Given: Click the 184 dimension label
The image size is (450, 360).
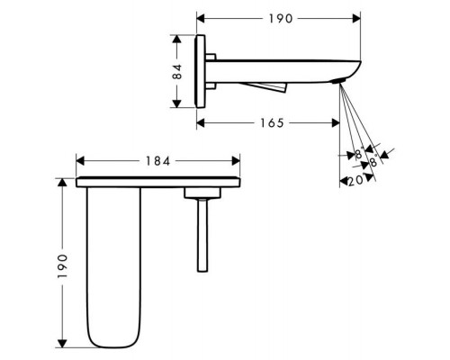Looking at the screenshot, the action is [x=157, y=161].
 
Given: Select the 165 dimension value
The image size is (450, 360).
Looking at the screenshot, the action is [x=272, y=123].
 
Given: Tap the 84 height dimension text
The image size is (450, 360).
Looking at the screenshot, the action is [x=177, y=72].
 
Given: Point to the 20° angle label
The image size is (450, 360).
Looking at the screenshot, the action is [x=356, y=181].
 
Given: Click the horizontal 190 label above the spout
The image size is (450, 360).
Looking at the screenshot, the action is [x=280, y=19].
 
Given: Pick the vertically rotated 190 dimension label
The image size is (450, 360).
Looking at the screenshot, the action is [x=62, y=266].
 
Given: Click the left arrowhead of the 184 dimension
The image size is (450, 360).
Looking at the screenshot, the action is [x=80, y=161].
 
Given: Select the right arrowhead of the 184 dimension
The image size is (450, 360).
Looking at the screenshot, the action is [x=236, y=161].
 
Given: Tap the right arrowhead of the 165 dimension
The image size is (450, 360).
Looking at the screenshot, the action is [x=336, y=123].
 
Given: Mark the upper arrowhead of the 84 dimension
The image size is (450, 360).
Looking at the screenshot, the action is [x=177, y=40].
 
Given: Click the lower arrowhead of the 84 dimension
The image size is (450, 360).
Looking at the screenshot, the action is [x=177, y=103].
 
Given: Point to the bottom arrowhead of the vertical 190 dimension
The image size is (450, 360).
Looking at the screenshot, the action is [x=62, y=344].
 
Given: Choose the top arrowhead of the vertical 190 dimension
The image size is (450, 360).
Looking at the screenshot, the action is [x=62, y=183].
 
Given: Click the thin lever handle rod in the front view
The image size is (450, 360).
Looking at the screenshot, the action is [x=202, y=235].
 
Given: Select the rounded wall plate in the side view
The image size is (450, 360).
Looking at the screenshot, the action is [x=200, y=71].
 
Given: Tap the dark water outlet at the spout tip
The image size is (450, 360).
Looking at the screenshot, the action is [x=338, y=81].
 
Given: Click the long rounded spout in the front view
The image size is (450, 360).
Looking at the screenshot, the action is [x=113, y=267].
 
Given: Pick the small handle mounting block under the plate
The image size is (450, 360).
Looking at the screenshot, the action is [x=202, y=193].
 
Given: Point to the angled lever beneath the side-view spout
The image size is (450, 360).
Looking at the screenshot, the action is [x=264, y=87].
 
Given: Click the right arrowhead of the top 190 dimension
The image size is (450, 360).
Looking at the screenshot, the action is [x=356, y=19].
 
